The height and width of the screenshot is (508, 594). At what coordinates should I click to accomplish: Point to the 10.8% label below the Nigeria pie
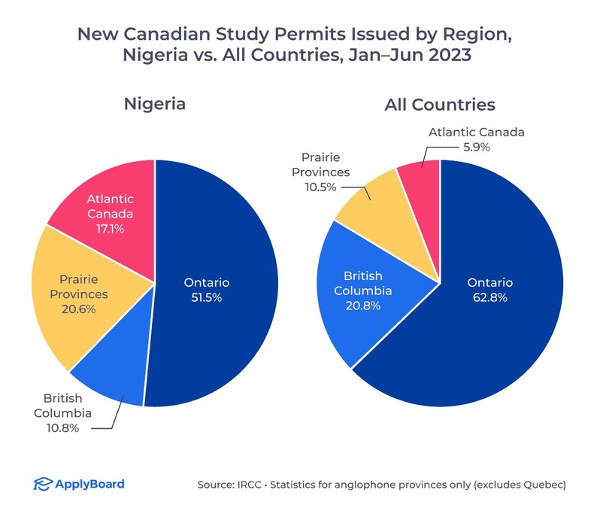point(67,427)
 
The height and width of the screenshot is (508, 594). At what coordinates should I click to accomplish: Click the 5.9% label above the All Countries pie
point(476,147)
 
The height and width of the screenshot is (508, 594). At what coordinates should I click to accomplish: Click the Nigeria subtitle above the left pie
point(154,104)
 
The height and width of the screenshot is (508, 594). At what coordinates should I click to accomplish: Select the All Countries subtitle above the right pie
point(440,104)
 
